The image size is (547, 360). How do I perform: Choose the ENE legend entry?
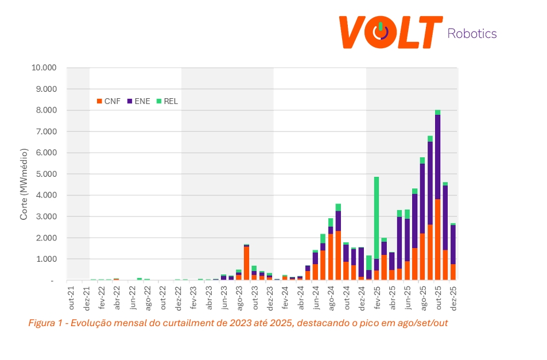tap(139, 101)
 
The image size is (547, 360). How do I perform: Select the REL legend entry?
tap(169, 101)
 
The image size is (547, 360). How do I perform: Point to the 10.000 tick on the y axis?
tap(44, 68)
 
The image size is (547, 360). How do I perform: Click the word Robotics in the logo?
tap(471, 33)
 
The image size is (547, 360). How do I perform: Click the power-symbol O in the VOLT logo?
tap(380, 33)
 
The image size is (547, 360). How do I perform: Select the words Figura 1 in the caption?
tap(44, 323)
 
